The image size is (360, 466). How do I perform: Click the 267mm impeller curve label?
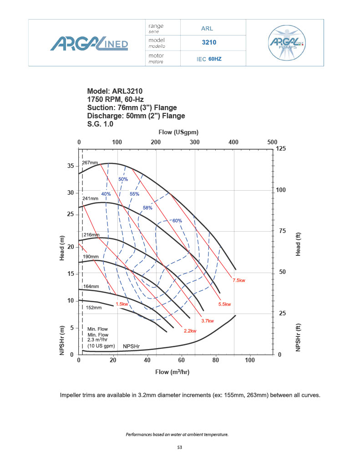click(x=90, y=162)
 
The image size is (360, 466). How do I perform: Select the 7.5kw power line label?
click(x=239, y=281)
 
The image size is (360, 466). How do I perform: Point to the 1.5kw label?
click(x=122, y=304)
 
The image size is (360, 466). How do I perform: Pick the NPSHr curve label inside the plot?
click(x=131, y=346)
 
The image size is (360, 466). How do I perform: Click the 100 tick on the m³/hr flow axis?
click(x=249, y=360)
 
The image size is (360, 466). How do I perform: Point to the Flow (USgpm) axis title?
click(x=178, y=132)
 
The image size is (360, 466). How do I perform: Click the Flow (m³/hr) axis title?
click(x=172, y=372)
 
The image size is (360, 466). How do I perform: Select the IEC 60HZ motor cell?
click(x=209, y=59)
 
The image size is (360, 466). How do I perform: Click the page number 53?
click(x=180, y=448)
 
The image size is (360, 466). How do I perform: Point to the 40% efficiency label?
click(x=106, y=194)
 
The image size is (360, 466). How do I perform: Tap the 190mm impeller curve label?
click(x=90, y=257)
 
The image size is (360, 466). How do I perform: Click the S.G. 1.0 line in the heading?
click(x=100, y=124)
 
